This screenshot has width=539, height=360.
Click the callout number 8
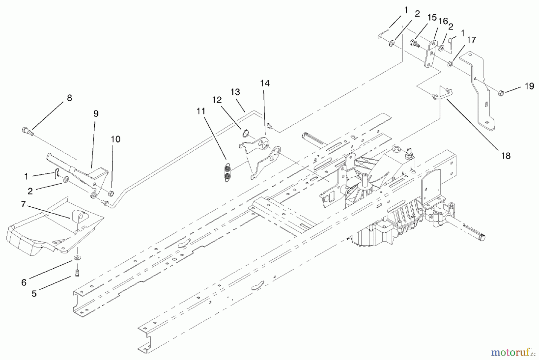coord(69,98)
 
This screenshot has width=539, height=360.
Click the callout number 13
coord(235,92)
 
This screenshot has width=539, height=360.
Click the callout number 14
coord(265,83)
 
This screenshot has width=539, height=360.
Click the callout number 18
coord(506,156)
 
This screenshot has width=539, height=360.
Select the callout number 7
coord(24,205)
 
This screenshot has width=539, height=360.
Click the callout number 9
coord(96,114)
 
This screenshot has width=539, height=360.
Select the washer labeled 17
coord(450,64)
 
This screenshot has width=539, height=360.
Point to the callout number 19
coord(529,86)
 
